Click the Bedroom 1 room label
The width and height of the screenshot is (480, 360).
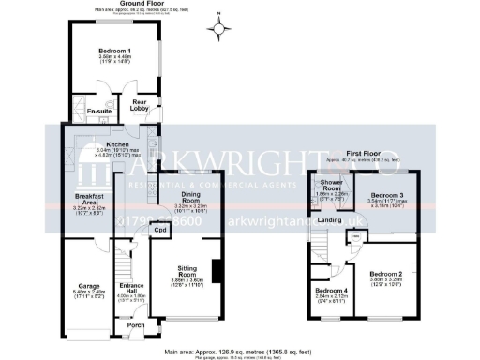pyautogui.click(x=115, y=51)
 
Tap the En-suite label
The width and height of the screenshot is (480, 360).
pyautogui.click(x=99, y=112)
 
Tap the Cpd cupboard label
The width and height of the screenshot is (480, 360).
pyautogui.click(x=159, y=229)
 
